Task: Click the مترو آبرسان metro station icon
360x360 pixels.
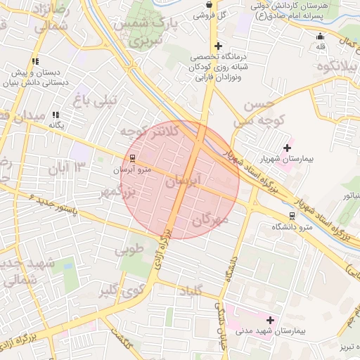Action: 133,157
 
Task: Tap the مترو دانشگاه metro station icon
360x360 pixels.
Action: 292,216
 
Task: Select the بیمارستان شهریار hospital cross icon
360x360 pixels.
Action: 287,148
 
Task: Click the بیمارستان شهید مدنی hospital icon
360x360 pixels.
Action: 270,320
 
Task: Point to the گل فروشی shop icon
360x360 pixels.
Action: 208,4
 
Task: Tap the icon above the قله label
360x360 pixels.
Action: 321,37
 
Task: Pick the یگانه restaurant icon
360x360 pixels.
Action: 56,115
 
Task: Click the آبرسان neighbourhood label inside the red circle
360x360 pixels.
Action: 183,182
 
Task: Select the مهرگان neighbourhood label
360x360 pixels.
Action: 210,221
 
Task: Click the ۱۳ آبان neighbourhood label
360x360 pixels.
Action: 67,167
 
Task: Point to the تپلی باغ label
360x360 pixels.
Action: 96,100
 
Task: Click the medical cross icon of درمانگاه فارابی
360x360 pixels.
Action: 219,46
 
